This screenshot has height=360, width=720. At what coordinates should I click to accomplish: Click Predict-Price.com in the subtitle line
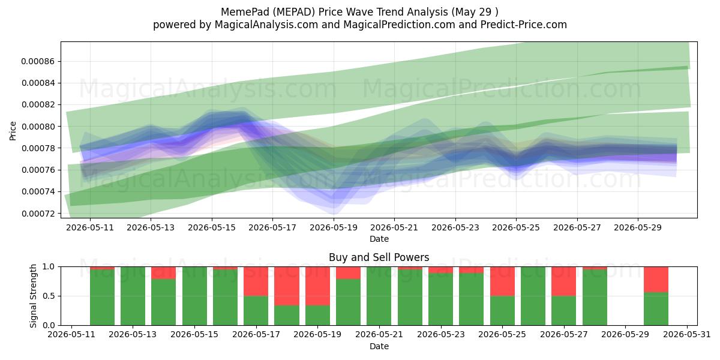524,25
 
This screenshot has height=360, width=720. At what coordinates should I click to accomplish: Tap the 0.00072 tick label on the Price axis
37,214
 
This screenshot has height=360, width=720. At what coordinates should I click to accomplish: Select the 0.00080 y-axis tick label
37,127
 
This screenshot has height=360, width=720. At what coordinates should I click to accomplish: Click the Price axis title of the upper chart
13,131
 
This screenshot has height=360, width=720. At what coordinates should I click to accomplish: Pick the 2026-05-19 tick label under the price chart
334,227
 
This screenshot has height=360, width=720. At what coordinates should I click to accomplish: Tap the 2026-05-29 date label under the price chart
638,227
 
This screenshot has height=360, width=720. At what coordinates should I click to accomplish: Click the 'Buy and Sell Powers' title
379,257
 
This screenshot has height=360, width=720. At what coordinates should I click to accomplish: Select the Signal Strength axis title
33,296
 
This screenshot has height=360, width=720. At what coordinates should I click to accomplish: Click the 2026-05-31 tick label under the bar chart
687,335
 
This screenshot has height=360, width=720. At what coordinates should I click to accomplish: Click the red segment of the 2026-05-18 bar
287,286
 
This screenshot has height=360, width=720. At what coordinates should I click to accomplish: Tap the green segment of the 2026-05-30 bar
656,309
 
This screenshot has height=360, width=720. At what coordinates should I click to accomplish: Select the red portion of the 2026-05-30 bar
656,280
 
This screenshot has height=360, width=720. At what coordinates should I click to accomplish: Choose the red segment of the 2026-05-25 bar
502,281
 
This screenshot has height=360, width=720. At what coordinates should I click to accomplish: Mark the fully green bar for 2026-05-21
379,296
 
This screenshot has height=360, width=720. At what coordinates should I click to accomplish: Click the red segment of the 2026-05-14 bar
164,273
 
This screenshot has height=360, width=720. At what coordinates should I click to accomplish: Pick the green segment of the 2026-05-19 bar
317,316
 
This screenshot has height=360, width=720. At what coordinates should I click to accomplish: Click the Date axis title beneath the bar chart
379,347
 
